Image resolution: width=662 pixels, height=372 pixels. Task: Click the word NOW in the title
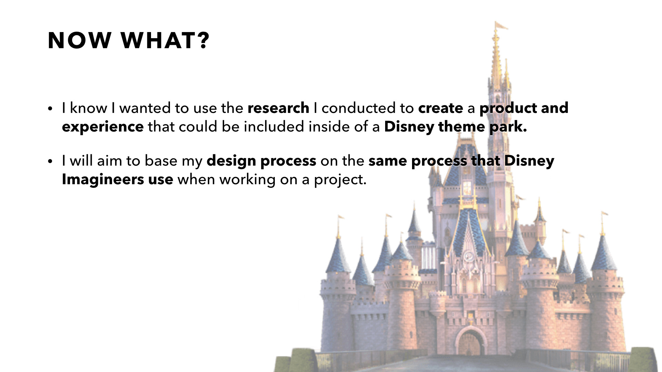coord(79,40)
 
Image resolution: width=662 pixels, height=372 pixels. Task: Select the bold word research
coord(278,108)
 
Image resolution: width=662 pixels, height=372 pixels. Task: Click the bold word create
coord(440,108)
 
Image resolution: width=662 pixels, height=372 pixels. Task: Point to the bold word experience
coord(103,127)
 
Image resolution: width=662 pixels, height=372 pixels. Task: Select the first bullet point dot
coord(50,109)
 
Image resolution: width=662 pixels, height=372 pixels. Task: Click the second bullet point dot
coord(50,161)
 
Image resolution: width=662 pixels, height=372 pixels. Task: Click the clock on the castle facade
coord(468,255)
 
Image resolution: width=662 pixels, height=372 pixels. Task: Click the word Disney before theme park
coord(409,127)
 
